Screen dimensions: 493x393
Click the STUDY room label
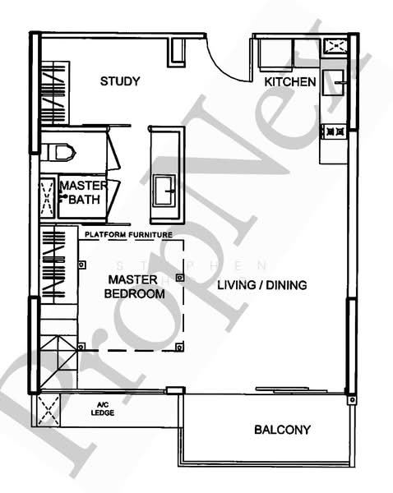tap(120, 81)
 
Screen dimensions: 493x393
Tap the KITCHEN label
tap(290, 82)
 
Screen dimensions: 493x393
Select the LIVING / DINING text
tap(262, 286)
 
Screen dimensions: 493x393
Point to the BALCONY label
tap(282, 430)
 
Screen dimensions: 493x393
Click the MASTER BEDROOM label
tap(130, 287)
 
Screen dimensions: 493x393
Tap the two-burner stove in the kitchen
tap(335, 130)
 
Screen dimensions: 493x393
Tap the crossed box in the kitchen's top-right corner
tap(335, 45)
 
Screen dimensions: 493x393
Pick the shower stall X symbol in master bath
tap(47, 196)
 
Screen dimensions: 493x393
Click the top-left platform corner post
tap(82, 265)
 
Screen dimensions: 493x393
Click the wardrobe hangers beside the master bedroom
tap(53, 265)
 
